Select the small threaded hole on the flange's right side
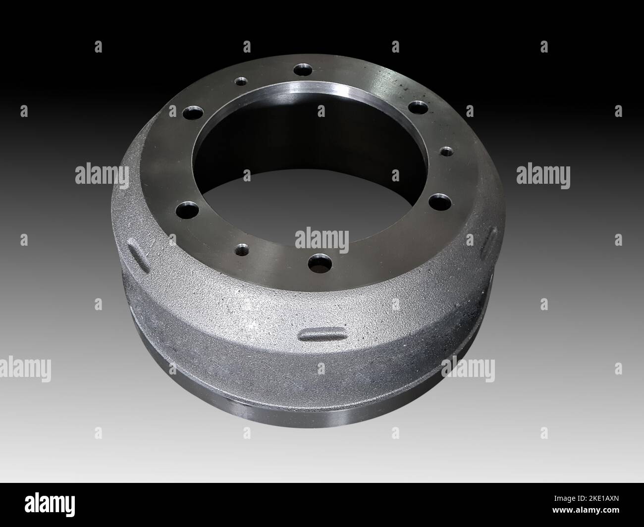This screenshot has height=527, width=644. point(444,150)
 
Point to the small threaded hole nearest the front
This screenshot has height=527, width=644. point(242,248)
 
